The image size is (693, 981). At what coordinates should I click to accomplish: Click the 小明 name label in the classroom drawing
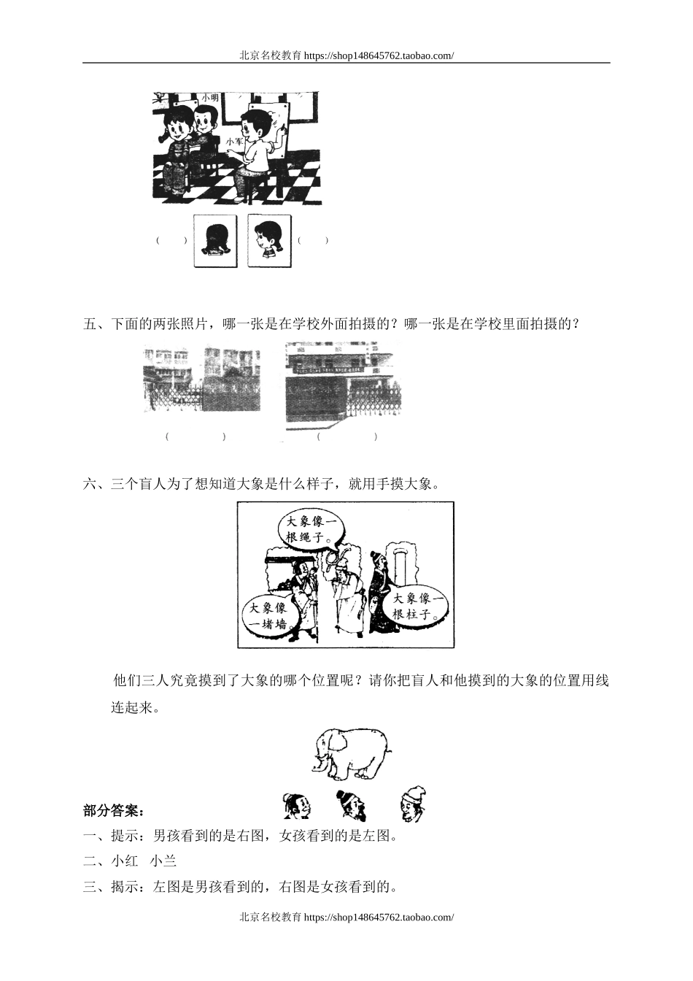(x=210, y=97)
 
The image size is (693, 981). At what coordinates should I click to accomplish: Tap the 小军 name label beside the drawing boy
(x=234, y=142)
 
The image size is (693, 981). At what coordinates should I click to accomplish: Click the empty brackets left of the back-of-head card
(x=171, y=241)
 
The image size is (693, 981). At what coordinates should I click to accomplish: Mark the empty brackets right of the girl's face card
(x=313, y=240)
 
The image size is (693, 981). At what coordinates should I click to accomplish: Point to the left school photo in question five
(x=202, y=380)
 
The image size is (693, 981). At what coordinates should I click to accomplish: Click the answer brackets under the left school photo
(x=195, y=436)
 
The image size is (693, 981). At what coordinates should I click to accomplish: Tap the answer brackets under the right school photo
(x=347, y=436)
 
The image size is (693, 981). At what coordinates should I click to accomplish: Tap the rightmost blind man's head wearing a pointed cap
(x=413, y=804)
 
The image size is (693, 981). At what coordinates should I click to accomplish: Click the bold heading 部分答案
(x=114, y=810)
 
